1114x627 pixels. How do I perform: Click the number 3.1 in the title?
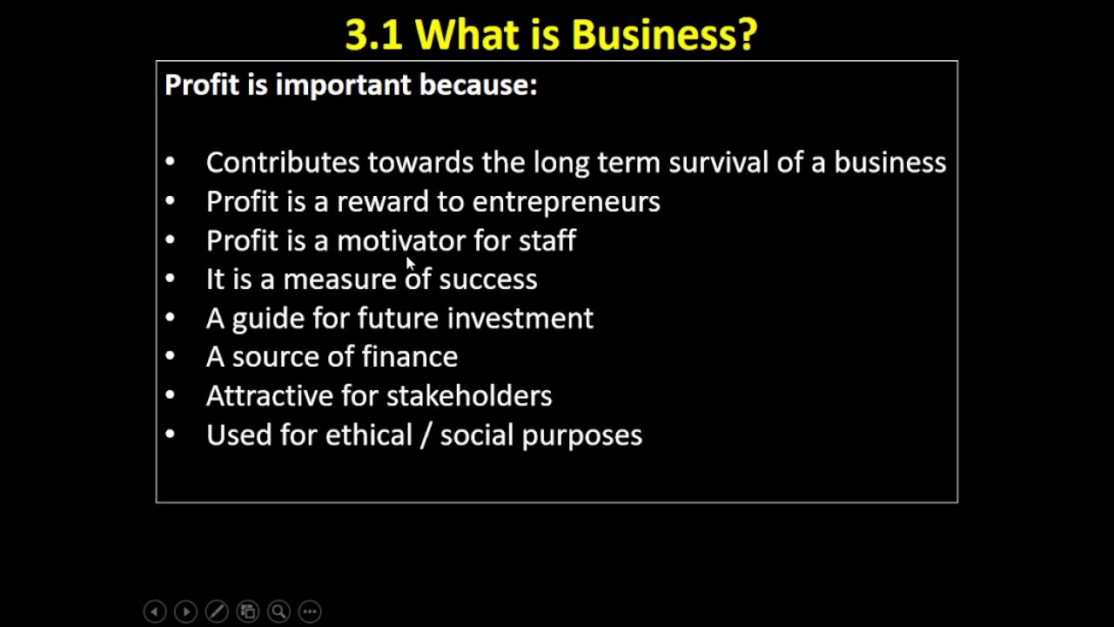click(x=372, y=36)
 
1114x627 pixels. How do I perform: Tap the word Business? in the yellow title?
click(x=664, y=36)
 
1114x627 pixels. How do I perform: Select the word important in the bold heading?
click(x=343, y=85)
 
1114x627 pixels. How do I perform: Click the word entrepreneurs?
click(x=566, y=202)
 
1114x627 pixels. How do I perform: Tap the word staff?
click(x=547, y=240)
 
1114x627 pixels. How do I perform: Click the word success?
click(x=487, y=280)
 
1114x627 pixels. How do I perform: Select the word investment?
click(x=520, y=319)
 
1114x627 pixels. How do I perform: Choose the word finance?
click(x=409, y=357)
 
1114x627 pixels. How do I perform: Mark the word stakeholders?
click(x=469, y=396)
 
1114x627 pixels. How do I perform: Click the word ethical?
click(x=368, y=435)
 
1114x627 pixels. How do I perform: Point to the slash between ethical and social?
click(x=426, y=435)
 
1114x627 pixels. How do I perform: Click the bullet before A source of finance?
click(x=169, y=357)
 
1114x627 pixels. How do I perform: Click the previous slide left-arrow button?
click(x=154, y=612)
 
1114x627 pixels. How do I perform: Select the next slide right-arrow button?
click(x=185, y=612)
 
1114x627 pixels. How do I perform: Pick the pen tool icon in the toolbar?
click(x=217, y=612)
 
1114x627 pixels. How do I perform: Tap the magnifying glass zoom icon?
click(x=278, y=612)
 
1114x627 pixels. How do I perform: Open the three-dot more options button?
click(x=310, y=612)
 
